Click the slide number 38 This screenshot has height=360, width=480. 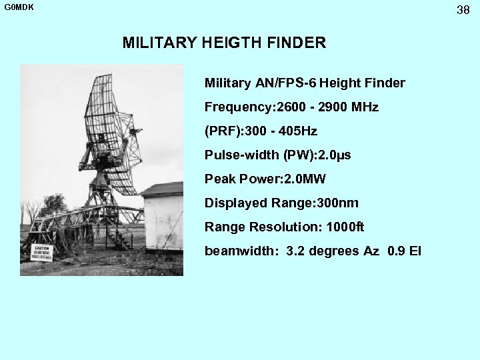coord(463,10)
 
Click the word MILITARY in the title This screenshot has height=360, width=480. coord(159,43)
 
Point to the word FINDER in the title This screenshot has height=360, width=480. coord(297,43)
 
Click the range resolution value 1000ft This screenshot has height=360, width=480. coord(345,227)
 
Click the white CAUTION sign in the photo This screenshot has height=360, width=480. coord(42,253)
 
